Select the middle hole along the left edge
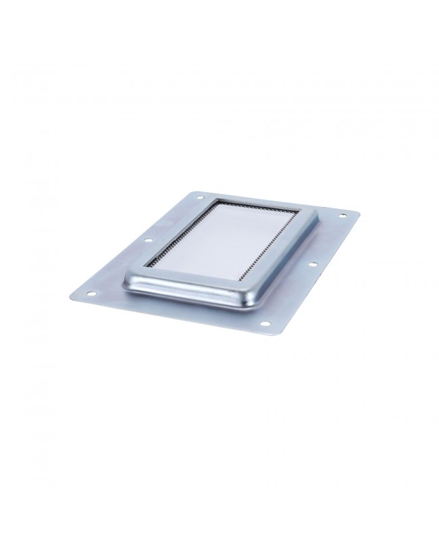click(147, 240)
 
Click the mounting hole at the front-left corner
click(87, 294)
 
